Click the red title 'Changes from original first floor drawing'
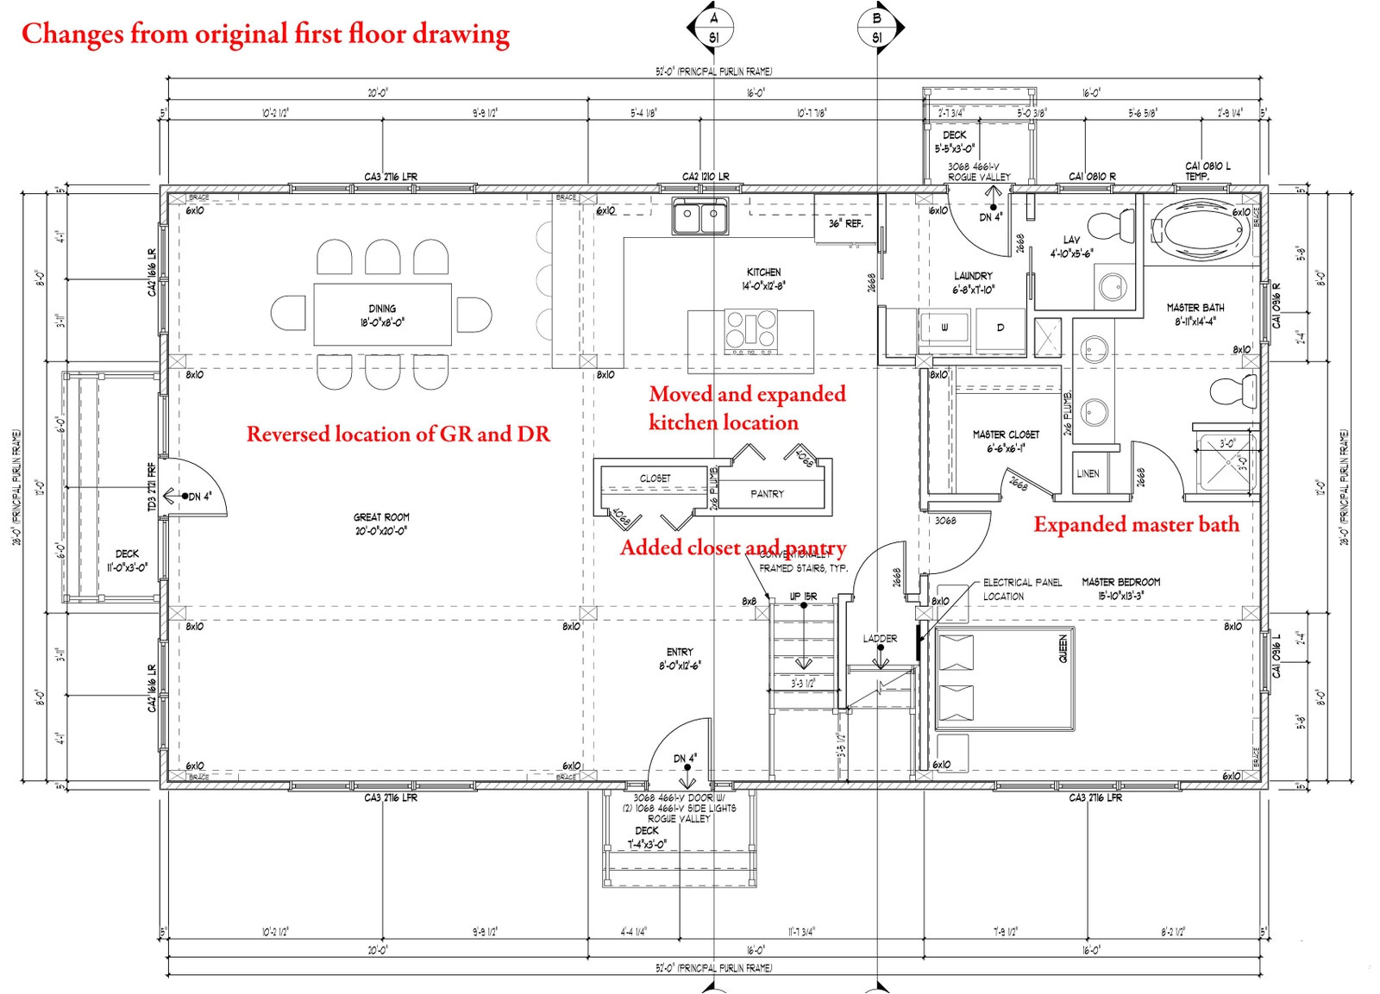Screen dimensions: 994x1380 point(265,33)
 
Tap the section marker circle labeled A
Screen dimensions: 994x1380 point(713,28)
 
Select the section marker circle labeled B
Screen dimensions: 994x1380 point(877,28)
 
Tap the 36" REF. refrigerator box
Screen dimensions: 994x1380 point(845,222)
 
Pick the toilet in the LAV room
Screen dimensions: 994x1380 point(1113,226)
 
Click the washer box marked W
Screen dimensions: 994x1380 point(945,328)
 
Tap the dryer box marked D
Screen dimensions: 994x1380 point(1000,328)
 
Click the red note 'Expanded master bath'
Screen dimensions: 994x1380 point(1136,524)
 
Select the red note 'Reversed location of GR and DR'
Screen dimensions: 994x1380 point(398,434)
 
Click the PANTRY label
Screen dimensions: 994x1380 point(767,494)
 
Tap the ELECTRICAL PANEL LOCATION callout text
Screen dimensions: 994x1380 point(1022,589)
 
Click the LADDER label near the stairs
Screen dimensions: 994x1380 point(880,639)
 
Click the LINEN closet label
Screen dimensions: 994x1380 point(1088,473)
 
